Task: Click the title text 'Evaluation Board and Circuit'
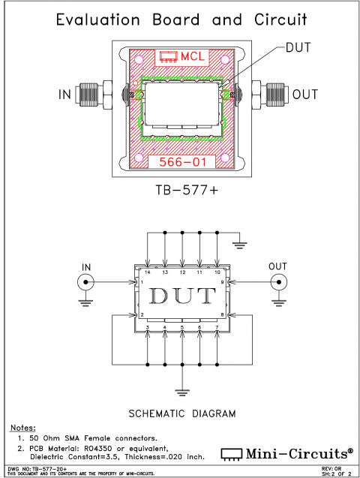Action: point(180,20)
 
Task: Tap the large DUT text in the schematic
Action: point(182,296)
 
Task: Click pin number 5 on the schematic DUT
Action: point(182,328)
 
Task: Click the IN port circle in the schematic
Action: point(84,283)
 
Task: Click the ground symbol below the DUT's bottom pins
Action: point(181,390)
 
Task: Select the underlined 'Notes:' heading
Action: point(25,428)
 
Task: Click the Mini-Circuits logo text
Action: point(293,454)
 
